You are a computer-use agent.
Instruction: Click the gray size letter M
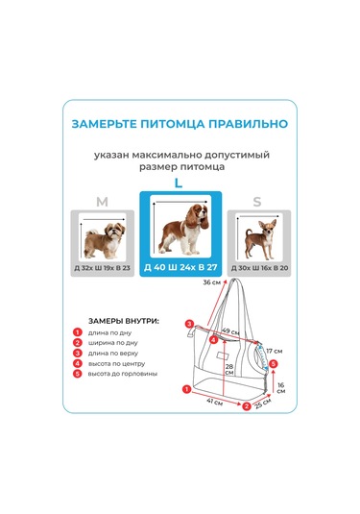pos(102,202)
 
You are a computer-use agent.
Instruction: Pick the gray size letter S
pos(256,202)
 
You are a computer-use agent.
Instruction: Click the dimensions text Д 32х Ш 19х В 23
pos(102,267)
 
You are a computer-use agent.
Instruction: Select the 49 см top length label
pos(230,330)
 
